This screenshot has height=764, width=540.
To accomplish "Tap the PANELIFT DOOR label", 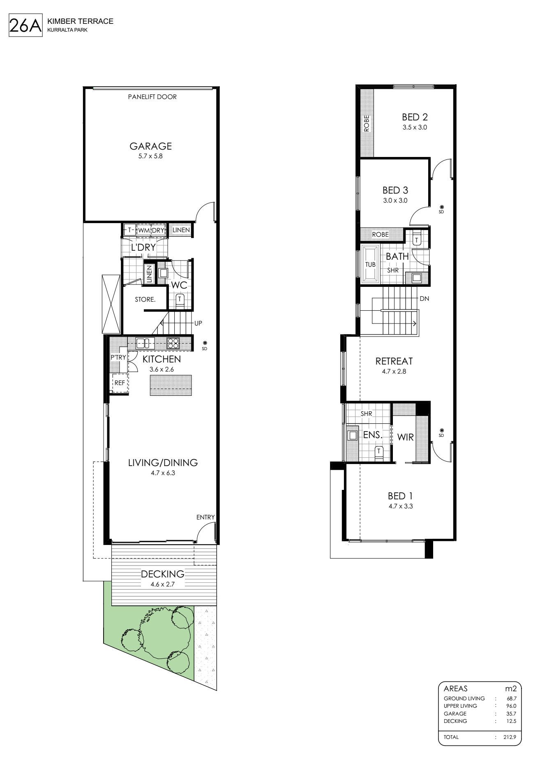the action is coord(152,97).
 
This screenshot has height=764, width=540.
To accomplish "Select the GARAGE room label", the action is coord(151,146).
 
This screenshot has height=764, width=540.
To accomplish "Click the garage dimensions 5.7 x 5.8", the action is coord(151,156).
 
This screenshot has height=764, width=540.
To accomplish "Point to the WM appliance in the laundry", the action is coord(143,230).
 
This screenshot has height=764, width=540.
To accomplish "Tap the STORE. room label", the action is coord(145,300).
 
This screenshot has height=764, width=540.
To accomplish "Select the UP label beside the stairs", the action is coord(198,323).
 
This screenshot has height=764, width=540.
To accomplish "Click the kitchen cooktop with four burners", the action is coord(173,343).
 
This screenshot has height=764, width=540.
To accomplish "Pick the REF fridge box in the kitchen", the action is coord(120,383).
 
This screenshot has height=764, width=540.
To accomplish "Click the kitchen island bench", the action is coord(171,385).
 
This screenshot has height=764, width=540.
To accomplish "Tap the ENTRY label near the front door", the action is coord(205,517).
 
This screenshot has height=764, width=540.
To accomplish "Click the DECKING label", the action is coord(163,574).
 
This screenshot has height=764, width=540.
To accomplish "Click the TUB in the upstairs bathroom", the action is coord(371,264).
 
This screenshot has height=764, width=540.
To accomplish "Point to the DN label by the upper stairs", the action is coord(425,299).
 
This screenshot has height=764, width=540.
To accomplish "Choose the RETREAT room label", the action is coord(394,361).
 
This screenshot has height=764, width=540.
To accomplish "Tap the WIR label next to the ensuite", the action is coord(405,437).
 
